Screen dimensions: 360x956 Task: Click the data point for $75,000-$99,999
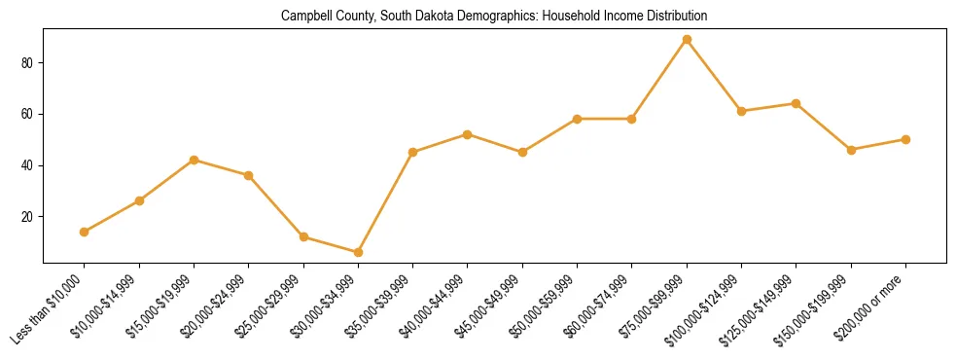687,40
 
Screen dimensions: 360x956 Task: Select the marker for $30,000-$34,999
358,252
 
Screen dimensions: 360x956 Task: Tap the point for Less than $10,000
85,232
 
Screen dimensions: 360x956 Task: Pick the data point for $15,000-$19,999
194,160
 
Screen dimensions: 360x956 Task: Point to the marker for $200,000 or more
905,139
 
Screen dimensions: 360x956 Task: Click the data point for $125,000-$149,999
797,103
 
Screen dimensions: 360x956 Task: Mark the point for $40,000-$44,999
468,134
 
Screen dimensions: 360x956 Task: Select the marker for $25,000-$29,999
303,236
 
